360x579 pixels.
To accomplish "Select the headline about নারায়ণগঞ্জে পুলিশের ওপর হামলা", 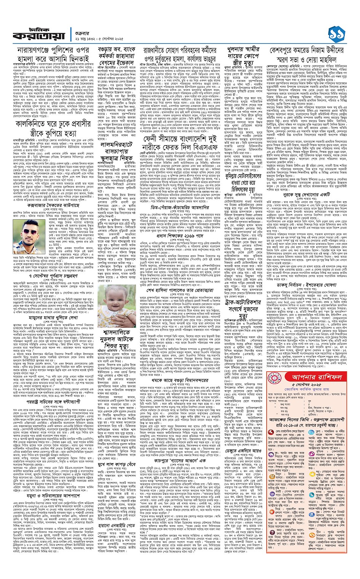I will point(53,55).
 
